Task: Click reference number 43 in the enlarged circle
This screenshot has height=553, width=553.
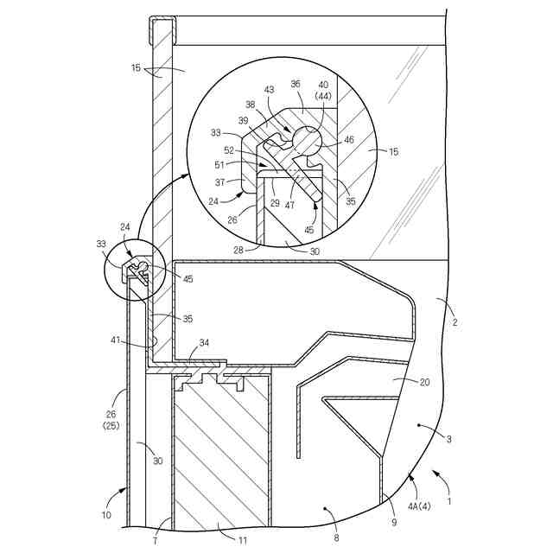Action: click(x=269, y=91)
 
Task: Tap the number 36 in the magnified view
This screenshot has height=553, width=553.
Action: click(x=296, y=85)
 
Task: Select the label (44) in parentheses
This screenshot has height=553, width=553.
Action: click(x=324, y=98)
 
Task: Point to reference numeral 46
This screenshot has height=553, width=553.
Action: click(x=348, y=139)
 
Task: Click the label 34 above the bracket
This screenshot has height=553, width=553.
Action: click(x=203, y=344)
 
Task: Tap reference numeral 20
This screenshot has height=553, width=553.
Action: click(x=400, y=380)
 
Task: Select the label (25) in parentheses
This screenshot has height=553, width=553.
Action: click(x=110, y=426)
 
